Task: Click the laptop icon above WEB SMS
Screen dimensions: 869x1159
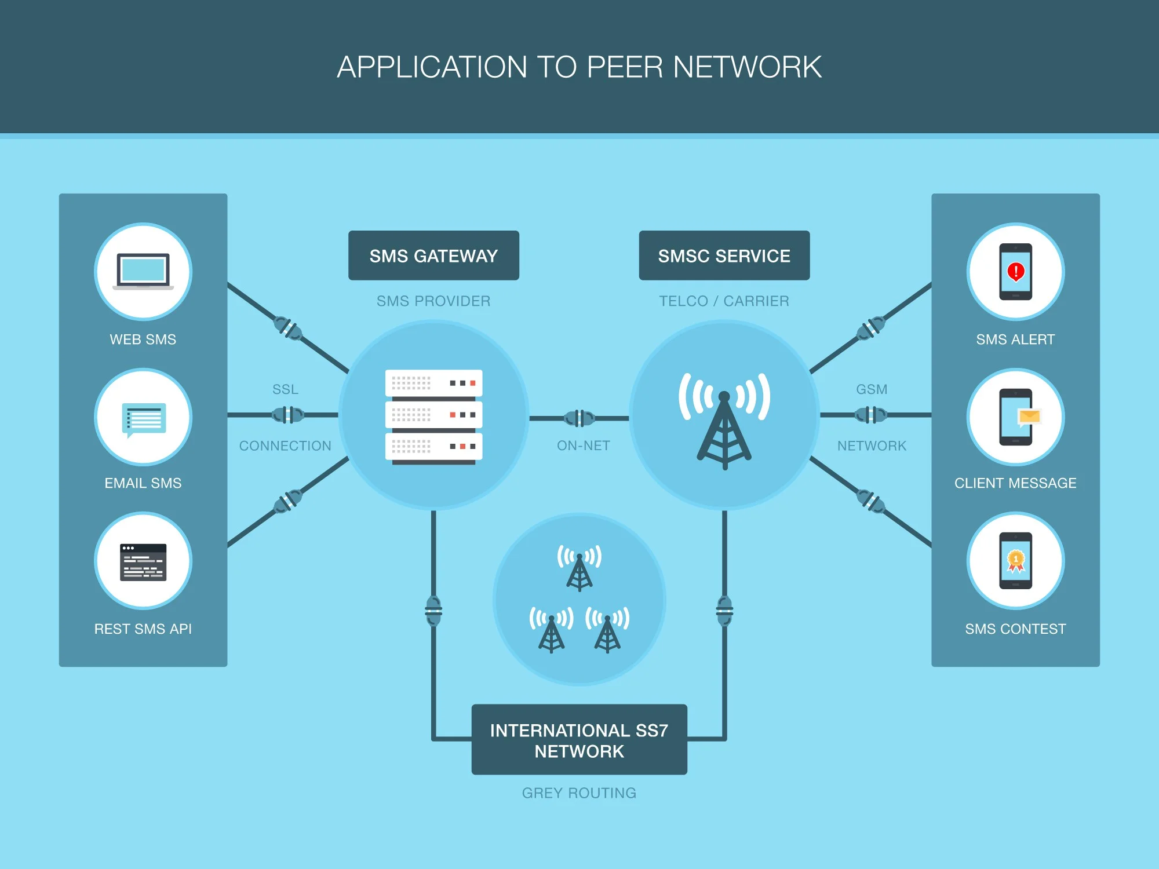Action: click(x=143, y=271)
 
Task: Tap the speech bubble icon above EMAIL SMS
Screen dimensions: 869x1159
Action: click(x=144, y=419)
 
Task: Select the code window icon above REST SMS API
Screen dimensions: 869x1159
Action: click(x=143, y=562)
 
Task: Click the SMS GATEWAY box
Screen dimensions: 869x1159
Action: click(x=433, y=255)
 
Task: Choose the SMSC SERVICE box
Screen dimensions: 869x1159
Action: click(x=724, y=255)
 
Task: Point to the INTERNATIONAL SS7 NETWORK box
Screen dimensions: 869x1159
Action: click(x=579, y=740)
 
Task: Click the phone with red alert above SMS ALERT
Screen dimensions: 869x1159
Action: click(x=1015, y=271)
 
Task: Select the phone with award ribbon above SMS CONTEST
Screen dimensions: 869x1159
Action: click(x=1015, y=560)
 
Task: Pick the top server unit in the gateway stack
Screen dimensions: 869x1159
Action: click(x=433, y=384)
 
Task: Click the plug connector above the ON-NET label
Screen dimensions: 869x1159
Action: click(x=579, y=418)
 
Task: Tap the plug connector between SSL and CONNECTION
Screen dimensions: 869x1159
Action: click(x=287, y=415)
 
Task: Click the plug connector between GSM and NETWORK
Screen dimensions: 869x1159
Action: click(x=871, y=415)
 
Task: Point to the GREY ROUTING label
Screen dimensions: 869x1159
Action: click(x=579, y=793)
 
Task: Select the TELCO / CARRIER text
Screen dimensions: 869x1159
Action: click(x=724, y=301)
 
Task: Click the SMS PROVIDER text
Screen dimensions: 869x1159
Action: click(x=433, y=301)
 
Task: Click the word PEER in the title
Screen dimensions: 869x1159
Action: click(x=625, y=67)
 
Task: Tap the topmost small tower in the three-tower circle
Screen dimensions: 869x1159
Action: click(x=579, y=568)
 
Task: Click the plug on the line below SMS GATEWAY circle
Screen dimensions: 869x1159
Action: click(x=433, y=611)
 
